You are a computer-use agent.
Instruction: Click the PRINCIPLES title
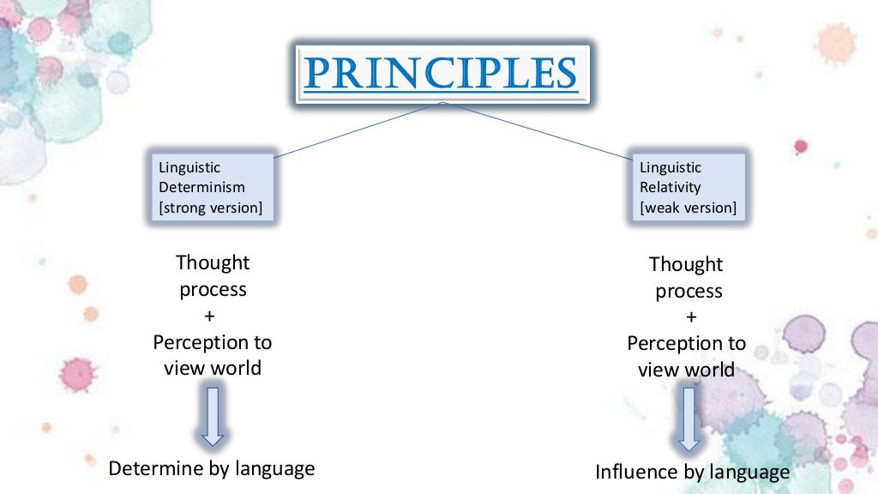441,74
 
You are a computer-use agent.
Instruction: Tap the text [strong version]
211,208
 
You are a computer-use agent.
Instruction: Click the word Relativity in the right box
670,187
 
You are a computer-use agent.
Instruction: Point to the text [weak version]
688,208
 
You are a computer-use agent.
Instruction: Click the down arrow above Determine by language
213,415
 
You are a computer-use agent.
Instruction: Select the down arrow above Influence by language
688,418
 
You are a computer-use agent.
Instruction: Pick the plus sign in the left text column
212,316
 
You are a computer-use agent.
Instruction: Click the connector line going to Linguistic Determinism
357,130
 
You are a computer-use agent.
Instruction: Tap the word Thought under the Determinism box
213,262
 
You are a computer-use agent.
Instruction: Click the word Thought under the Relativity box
686,264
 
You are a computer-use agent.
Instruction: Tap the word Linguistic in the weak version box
671,167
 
